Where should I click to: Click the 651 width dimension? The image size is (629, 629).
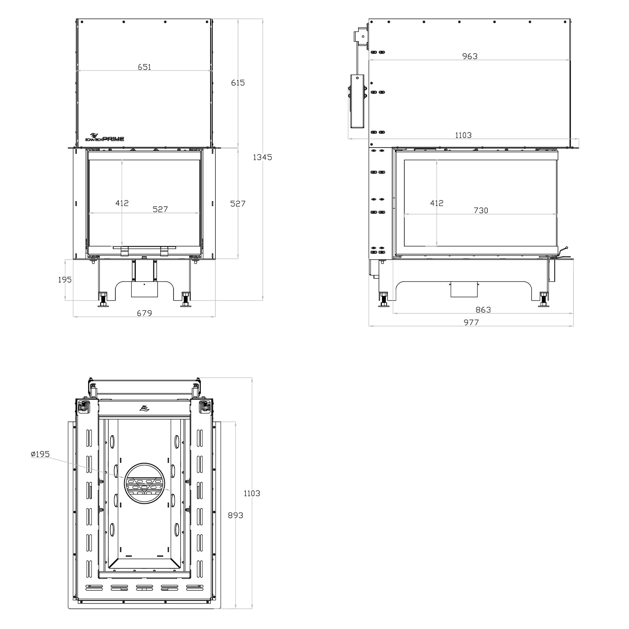pos(144,67)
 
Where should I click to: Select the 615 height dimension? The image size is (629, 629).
pos(238,83)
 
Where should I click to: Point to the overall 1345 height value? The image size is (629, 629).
pos(263,157)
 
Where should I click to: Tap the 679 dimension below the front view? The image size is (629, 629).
pos(144,313)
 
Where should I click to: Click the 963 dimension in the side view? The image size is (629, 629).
pos(470,56)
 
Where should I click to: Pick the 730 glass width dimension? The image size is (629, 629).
pos(481,211)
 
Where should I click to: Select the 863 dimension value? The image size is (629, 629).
pos(483,310)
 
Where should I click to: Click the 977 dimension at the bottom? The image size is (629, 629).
pos(471,322)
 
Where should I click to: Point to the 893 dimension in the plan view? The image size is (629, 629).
pos(236,515)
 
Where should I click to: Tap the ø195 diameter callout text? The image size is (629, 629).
pos(40,454)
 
